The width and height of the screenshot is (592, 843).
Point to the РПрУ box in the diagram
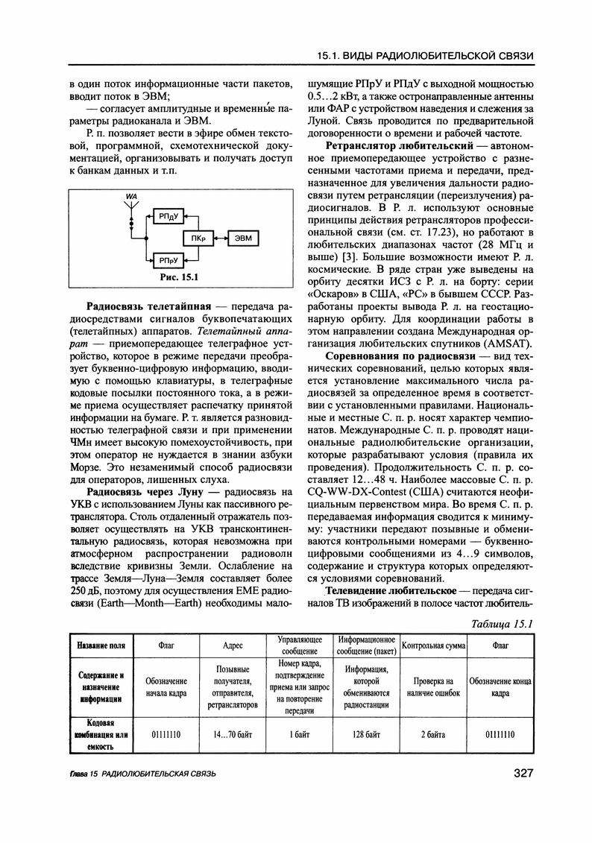click(166, 259)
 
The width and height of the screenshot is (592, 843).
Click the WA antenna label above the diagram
click(132, 195)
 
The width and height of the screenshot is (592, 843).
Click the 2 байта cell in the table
click(432, 734)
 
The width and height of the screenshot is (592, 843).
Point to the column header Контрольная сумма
click(432, 645)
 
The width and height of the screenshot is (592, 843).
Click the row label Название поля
click(100, 645)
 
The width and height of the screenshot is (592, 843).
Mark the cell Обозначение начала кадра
click(166, 686)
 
